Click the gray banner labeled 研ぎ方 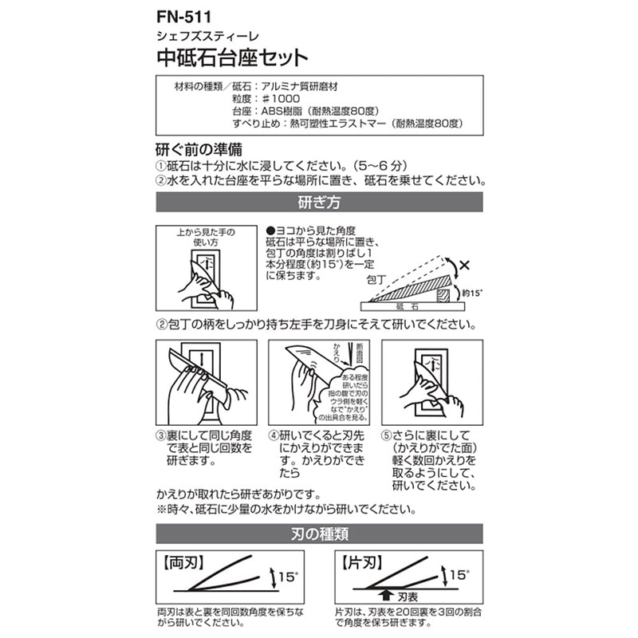pos(318,203)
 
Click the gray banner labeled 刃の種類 pos(318,533)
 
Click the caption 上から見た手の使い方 pos(206,237)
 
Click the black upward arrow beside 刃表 pos(386,593)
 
